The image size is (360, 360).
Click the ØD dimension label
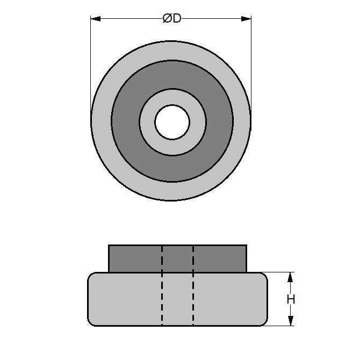click(171, 19)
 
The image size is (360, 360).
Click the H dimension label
click(291, 299)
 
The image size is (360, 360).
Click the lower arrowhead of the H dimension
click(291, 321)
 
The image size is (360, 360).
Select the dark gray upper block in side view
click(134, 259)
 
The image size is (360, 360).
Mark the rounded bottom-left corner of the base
click(90, 322)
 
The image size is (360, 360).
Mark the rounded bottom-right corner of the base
click(265, 322)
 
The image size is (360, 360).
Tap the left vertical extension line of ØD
click(91, 64)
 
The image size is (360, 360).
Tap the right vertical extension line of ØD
click(251, 64)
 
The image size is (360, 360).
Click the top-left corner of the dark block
click(109, 246)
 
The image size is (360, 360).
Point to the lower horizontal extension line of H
click(279, 326)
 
